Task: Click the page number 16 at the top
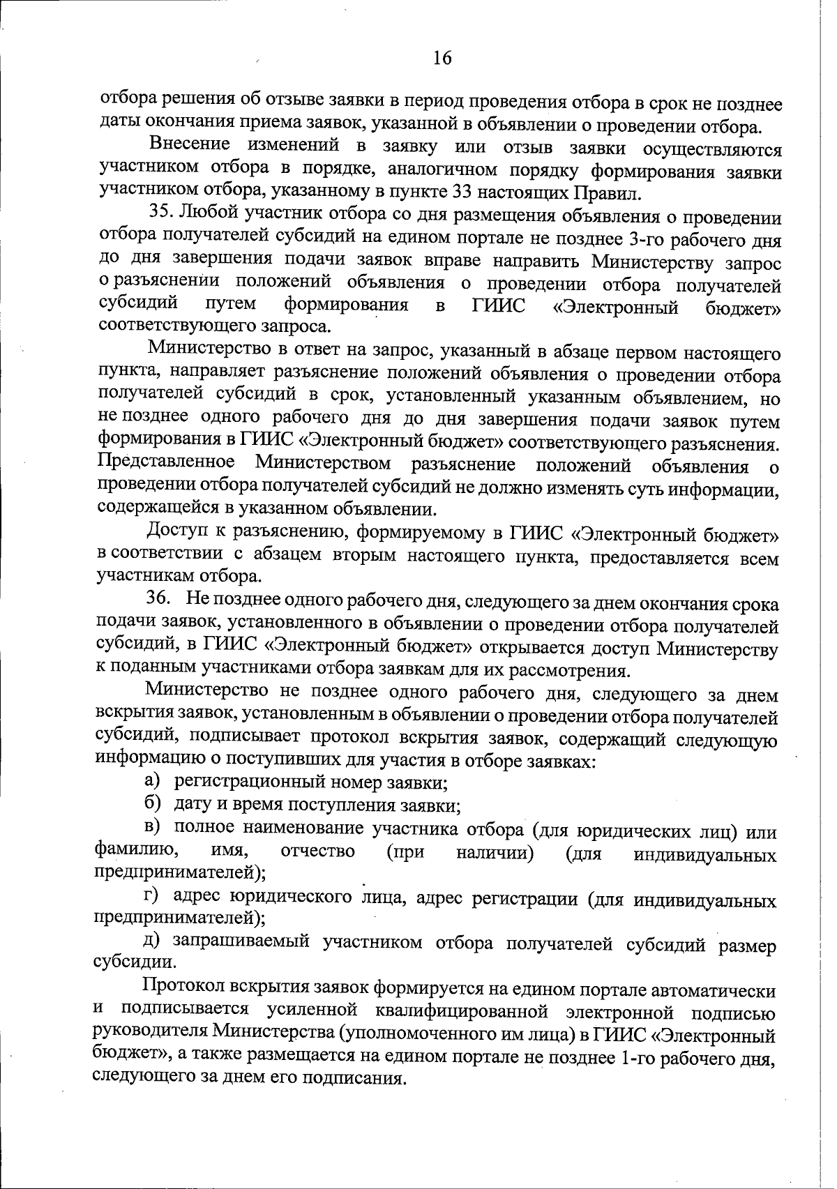tap(442, 58)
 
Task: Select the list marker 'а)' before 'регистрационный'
tap(153, 782)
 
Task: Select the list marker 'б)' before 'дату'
tap(153, 804)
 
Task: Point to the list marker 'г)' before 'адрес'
tap(153, 896)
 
